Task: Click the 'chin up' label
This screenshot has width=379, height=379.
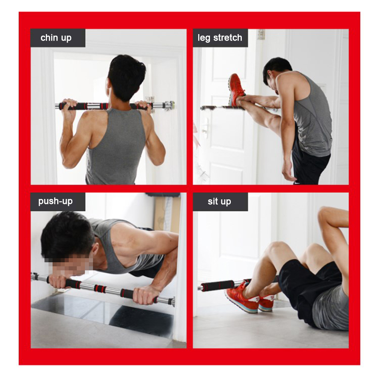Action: (x=56, y=38)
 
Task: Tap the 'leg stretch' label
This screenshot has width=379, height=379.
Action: (x=220, y=38)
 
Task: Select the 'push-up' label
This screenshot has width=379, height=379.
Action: (x=55, y=201)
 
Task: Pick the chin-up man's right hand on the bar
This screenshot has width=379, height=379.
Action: (x=143, y=105)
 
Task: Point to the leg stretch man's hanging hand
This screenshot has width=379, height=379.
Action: (x=288, y=171)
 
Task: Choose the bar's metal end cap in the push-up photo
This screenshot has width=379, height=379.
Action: (x=172, y=302)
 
